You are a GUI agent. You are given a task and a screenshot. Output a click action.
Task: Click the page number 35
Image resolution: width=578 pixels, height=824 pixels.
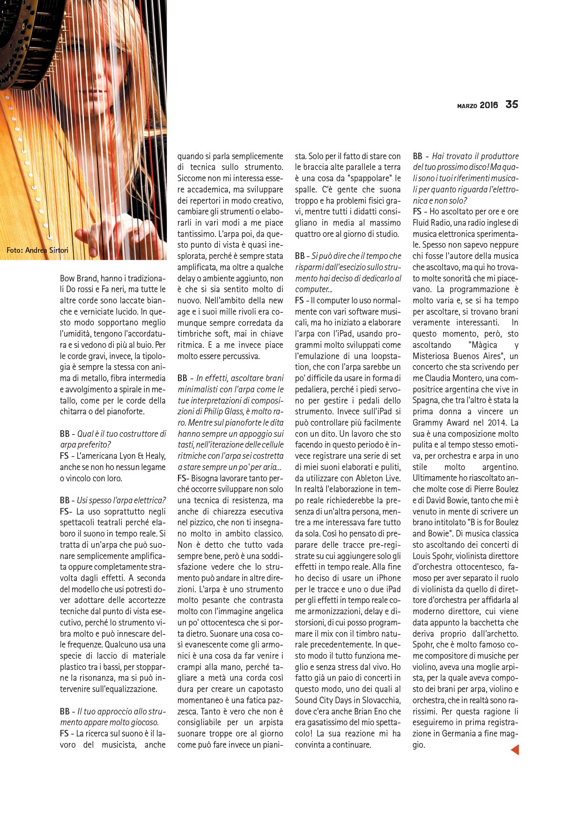coord(511,104)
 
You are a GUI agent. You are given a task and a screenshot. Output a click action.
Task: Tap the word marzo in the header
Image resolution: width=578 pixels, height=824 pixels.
coord(467,106)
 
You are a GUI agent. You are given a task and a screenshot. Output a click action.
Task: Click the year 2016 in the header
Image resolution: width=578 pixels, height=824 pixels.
coord(489,105)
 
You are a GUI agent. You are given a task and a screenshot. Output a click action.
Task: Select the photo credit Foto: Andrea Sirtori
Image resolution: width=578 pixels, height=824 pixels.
coord(37,250)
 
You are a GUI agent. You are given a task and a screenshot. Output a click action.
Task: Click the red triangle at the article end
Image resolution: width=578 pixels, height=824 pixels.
coord(515,750)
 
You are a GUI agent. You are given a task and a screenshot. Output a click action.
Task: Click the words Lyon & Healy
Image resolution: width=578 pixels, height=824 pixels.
coord(141,456)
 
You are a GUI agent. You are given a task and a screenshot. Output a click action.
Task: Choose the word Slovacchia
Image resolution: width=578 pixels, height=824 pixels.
coord(379,700)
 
